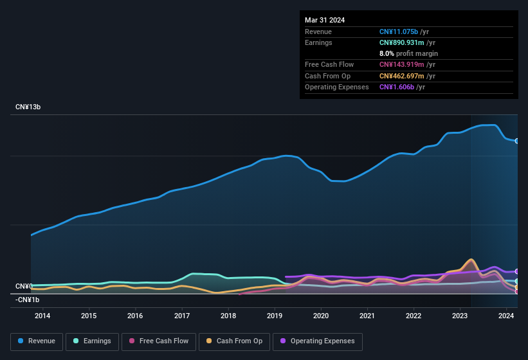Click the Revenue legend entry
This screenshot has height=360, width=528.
[x=37, y=341]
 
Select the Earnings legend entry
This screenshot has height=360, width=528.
[x=93, y=341]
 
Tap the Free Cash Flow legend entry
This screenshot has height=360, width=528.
[x=159, y=341]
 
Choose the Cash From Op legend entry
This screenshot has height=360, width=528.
[x=234, y=341]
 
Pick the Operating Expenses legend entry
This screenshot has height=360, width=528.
[x=318, y=341]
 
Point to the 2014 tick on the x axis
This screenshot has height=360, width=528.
[x=42, y=316]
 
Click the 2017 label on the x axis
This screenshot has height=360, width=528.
[x=182, y=316]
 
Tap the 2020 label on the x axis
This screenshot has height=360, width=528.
[x=321, y=316]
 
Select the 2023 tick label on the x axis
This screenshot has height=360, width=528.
[x=460, y=316]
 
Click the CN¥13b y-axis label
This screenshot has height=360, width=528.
[x=28, y=107]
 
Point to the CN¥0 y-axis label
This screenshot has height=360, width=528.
[x=24, y=286]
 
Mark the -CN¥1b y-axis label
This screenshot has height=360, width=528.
[x=28, y=300]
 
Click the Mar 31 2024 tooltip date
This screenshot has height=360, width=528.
[x=325, y=20]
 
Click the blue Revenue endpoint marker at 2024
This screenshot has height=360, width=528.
[x=516, y=141]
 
